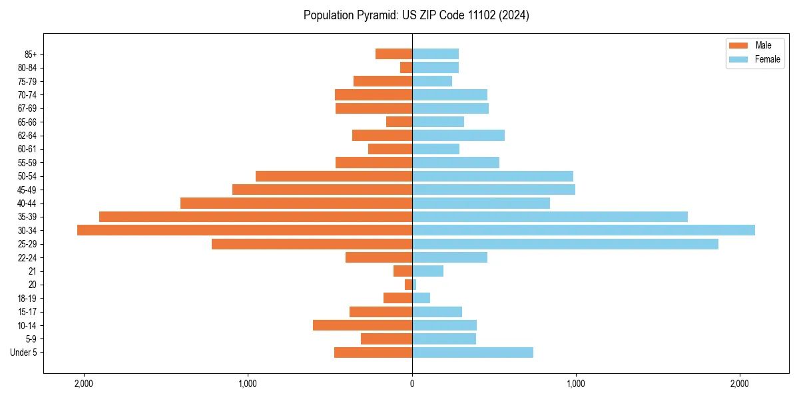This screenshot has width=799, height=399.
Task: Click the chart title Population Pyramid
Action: click(416, 15)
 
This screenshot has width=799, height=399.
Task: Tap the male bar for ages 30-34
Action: click(244, 230)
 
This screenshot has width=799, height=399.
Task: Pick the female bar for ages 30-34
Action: click(583, 230)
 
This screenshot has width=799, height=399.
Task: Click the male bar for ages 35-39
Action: click(256, 217)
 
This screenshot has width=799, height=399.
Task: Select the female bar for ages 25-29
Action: click(565, 244)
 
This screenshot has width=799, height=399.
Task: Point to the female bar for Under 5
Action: click(473, 352)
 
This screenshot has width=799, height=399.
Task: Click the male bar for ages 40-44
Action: click(296, 203)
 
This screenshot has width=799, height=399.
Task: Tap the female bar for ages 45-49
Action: click(493, 190)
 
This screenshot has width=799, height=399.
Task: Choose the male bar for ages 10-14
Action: click(362, 325)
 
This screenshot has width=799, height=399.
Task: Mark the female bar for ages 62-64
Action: click(458, 135)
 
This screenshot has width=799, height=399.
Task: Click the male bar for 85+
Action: click(394, 54)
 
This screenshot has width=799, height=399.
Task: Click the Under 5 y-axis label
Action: click(23, 352)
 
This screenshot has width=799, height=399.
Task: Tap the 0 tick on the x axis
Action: click(412, 384)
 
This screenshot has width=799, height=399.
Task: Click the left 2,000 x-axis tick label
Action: click(84, 384)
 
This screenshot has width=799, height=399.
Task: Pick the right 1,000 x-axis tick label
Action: click(576, 384)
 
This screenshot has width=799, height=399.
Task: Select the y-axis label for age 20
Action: click(32, 285)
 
